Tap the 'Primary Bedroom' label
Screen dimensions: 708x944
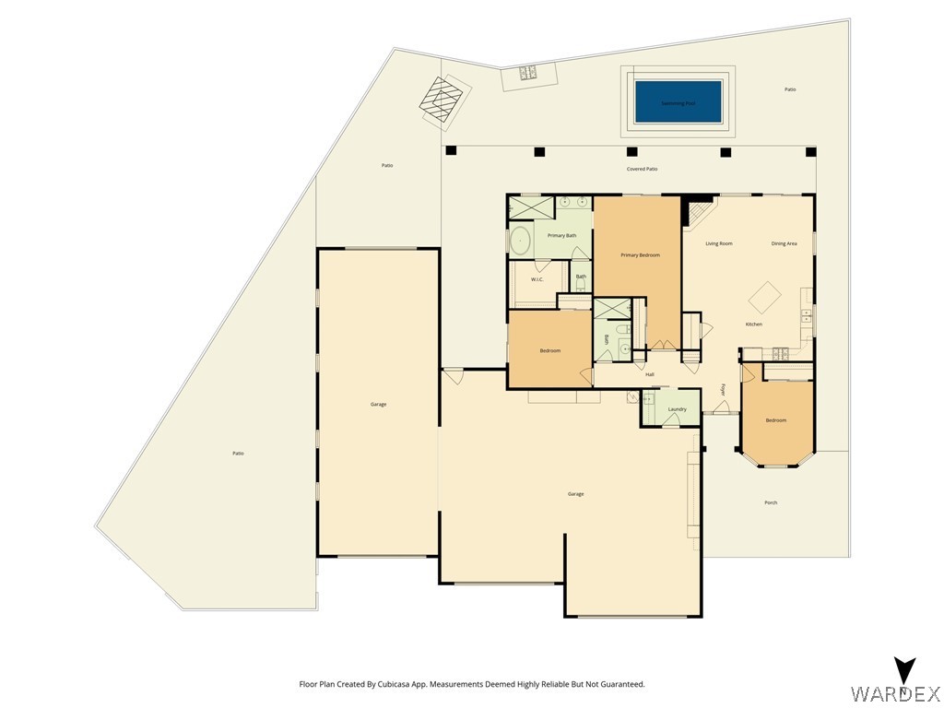tap(640, 254)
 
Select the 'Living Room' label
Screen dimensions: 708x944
tap(718, 243)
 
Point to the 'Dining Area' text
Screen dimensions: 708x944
tap(784, 243)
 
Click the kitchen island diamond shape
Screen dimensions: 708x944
tap(764, 297)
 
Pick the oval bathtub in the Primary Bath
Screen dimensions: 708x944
tap(520, 242)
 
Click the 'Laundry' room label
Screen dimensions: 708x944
tap(677, 408)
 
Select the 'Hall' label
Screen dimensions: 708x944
tap(649, 374)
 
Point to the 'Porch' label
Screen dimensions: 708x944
tap(771, 502)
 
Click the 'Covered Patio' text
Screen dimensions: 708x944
tap(642, 169)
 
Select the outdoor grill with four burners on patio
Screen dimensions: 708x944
tap(528, 74)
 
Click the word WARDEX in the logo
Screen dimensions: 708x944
tap(894, 692)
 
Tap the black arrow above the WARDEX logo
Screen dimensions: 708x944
tap(905, 669)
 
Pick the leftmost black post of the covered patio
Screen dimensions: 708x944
tap(451, 150)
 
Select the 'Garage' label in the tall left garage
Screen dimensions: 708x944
tap(378, 405)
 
